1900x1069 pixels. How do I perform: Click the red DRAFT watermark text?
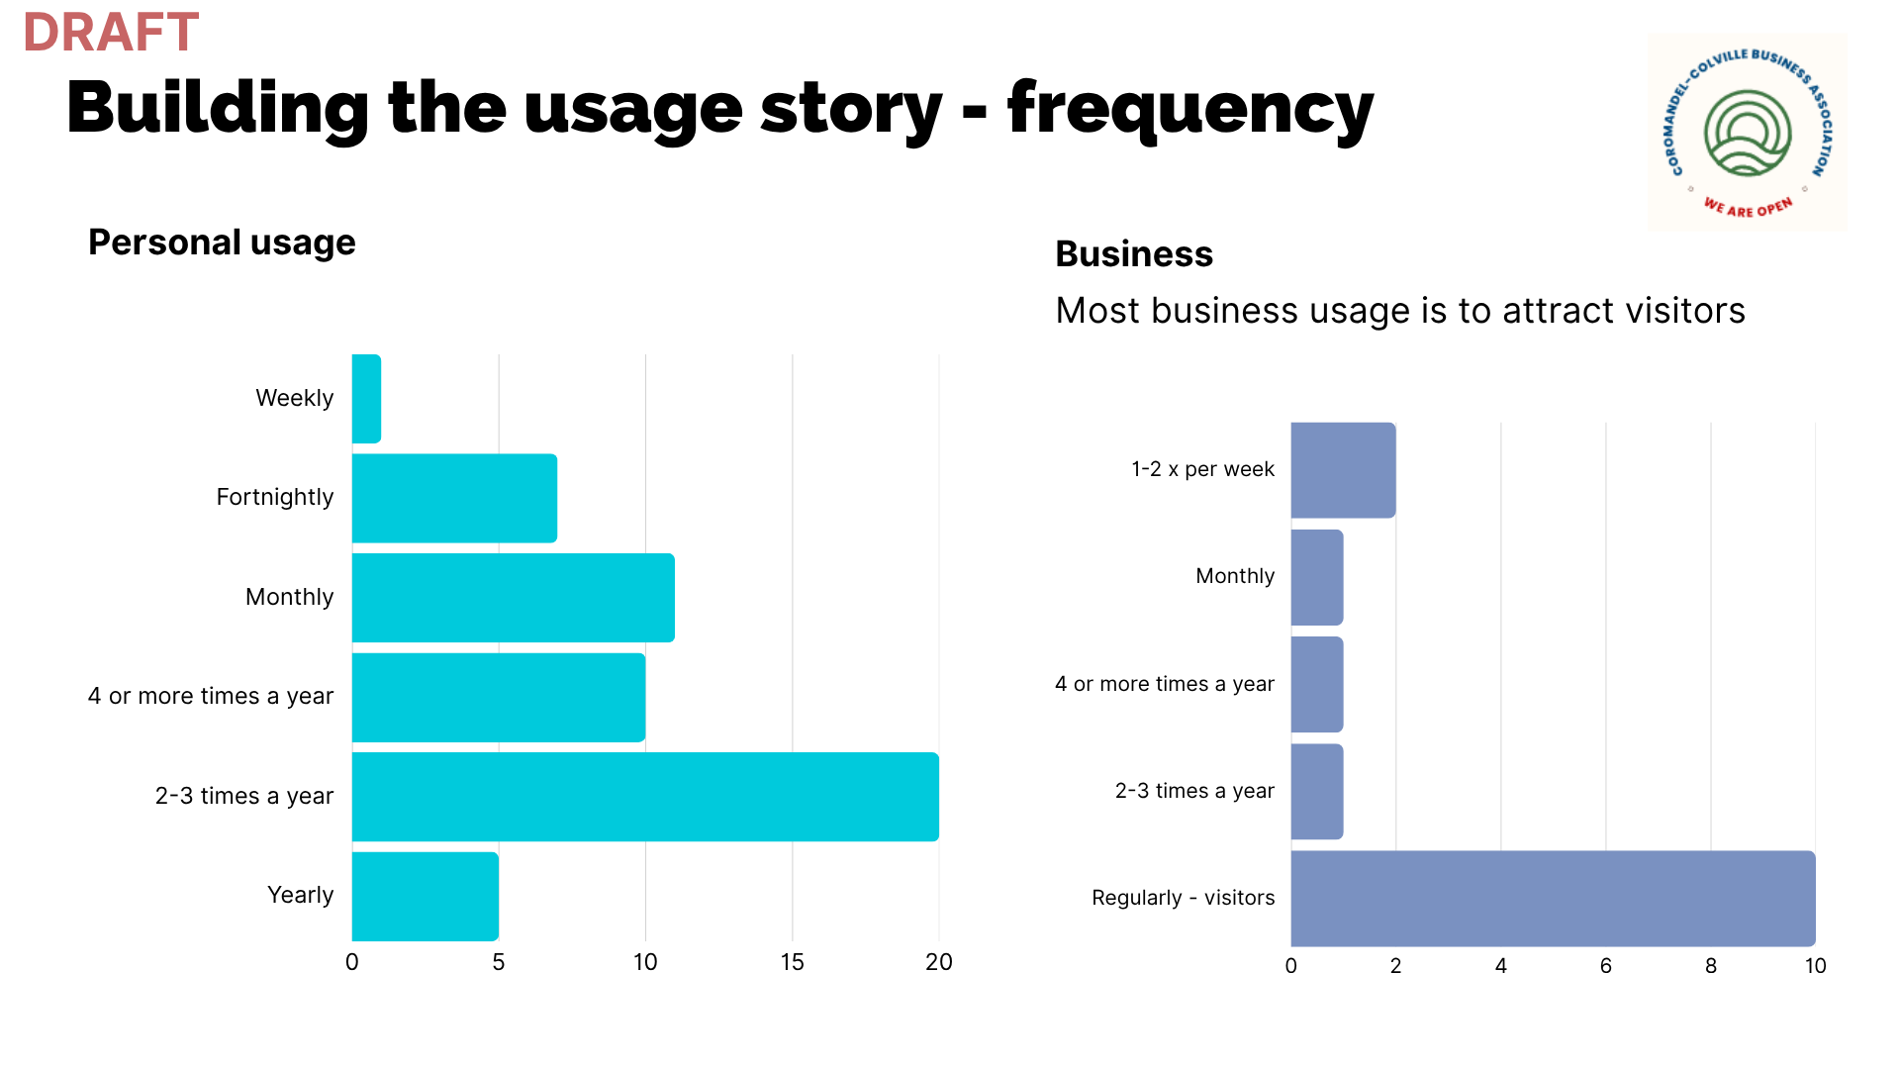coord(111,32)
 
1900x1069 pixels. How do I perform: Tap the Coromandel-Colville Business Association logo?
coord(1748,133)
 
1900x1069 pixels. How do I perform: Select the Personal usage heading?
coord(222,243)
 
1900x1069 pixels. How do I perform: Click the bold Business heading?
coord(1134,254)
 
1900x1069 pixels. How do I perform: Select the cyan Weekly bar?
coord(366,399)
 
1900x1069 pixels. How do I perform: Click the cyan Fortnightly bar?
coord(454,498)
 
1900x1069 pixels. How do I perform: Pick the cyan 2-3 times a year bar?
coord(645,797)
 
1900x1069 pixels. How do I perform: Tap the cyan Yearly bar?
coord(426,897)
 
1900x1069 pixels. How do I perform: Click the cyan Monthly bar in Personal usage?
coord(514,598)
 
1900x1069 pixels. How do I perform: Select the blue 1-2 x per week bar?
coord(1343,470)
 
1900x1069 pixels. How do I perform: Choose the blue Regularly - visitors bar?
coord(1553,899)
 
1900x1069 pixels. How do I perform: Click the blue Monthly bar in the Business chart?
coord(1317,577)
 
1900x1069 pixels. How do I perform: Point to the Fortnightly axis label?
coord(275,497)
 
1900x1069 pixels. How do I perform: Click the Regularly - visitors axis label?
coord(1184,898)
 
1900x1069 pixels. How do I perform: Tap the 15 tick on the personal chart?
coord(792,962)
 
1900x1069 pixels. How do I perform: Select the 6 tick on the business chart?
coord(1606,966)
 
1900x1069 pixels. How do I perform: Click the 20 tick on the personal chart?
coord(939,962)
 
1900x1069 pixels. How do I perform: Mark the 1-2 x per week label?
coord(1202,469)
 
